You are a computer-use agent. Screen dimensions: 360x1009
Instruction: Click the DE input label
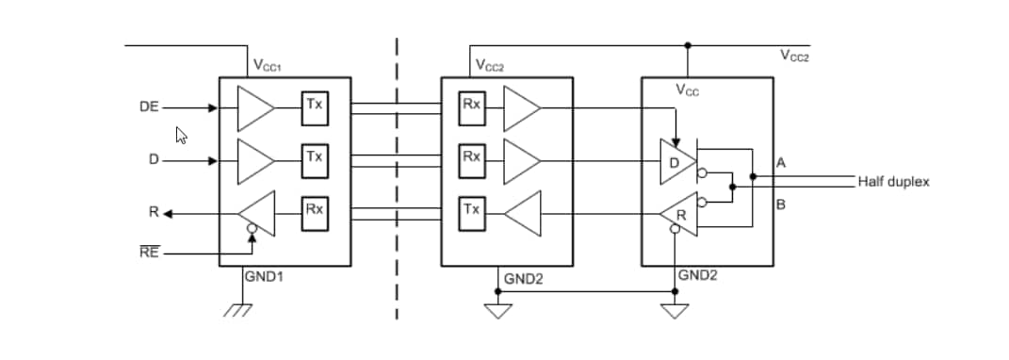coord(149,107)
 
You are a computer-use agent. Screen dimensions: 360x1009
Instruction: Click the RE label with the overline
coord(149,254)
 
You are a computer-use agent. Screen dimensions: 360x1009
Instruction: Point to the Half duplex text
coord(892,181)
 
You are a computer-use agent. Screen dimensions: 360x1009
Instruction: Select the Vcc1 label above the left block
coord(268,66)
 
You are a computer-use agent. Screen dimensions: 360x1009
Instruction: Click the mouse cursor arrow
coord(182,136)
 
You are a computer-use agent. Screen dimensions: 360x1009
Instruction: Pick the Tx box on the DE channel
coord(314,106)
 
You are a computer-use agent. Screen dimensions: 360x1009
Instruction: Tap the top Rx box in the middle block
coord(470,106)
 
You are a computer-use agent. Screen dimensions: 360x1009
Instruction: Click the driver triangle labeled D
coord(676,161)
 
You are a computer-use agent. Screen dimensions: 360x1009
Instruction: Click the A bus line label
coord(781,163)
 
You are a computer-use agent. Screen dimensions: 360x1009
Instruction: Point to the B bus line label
coord(781,204)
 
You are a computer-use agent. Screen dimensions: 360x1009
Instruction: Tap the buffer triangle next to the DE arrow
coord(252,108)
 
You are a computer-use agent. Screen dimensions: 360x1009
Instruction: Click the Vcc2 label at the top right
coord(794,57)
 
